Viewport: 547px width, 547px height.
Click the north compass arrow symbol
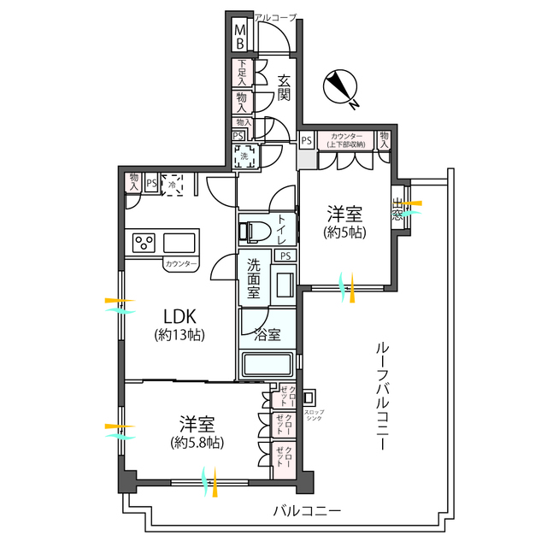[x=341, y=87]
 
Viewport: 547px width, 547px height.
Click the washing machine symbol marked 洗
[x=244, y=157]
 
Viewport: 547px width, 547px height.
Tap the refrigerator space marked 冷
[x=173, y=184]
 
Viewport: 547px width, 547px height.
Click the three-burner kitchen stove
[x=143, y=243]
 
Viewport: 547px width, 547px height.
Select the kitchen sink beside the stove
[x=181, y=242]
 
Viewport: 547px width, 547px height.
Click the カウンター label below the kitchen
[x=181, y=264]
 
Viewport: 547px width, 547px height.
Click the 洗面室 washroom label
[x=255, y=278]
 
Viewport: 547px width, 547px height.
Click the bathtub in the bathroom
[x=268, y=365]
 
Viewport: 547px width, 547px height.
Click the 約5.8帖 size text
[x=197, y=443]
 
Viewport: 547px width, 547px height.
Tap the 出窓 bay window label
[x=398, y=209]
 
